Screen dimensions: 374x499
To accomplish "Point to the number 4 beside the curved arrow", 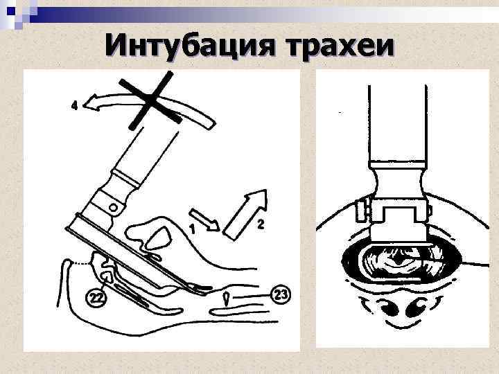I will (74, 106).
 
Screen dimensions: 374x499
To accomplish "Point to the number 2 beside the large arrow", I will (260, 224).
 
